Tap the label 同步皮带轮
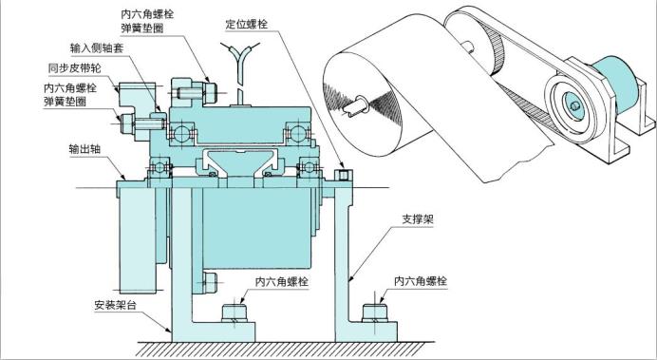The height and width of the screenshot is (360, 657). coord(73,68)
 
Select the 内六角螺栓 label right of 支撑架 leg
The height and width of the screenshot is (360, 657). coord(420,283)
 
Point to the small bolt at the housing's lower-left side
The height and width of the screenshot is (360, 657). coord(209,280)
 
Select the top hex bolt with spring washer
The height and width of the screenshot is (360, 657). coord(207,92)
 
